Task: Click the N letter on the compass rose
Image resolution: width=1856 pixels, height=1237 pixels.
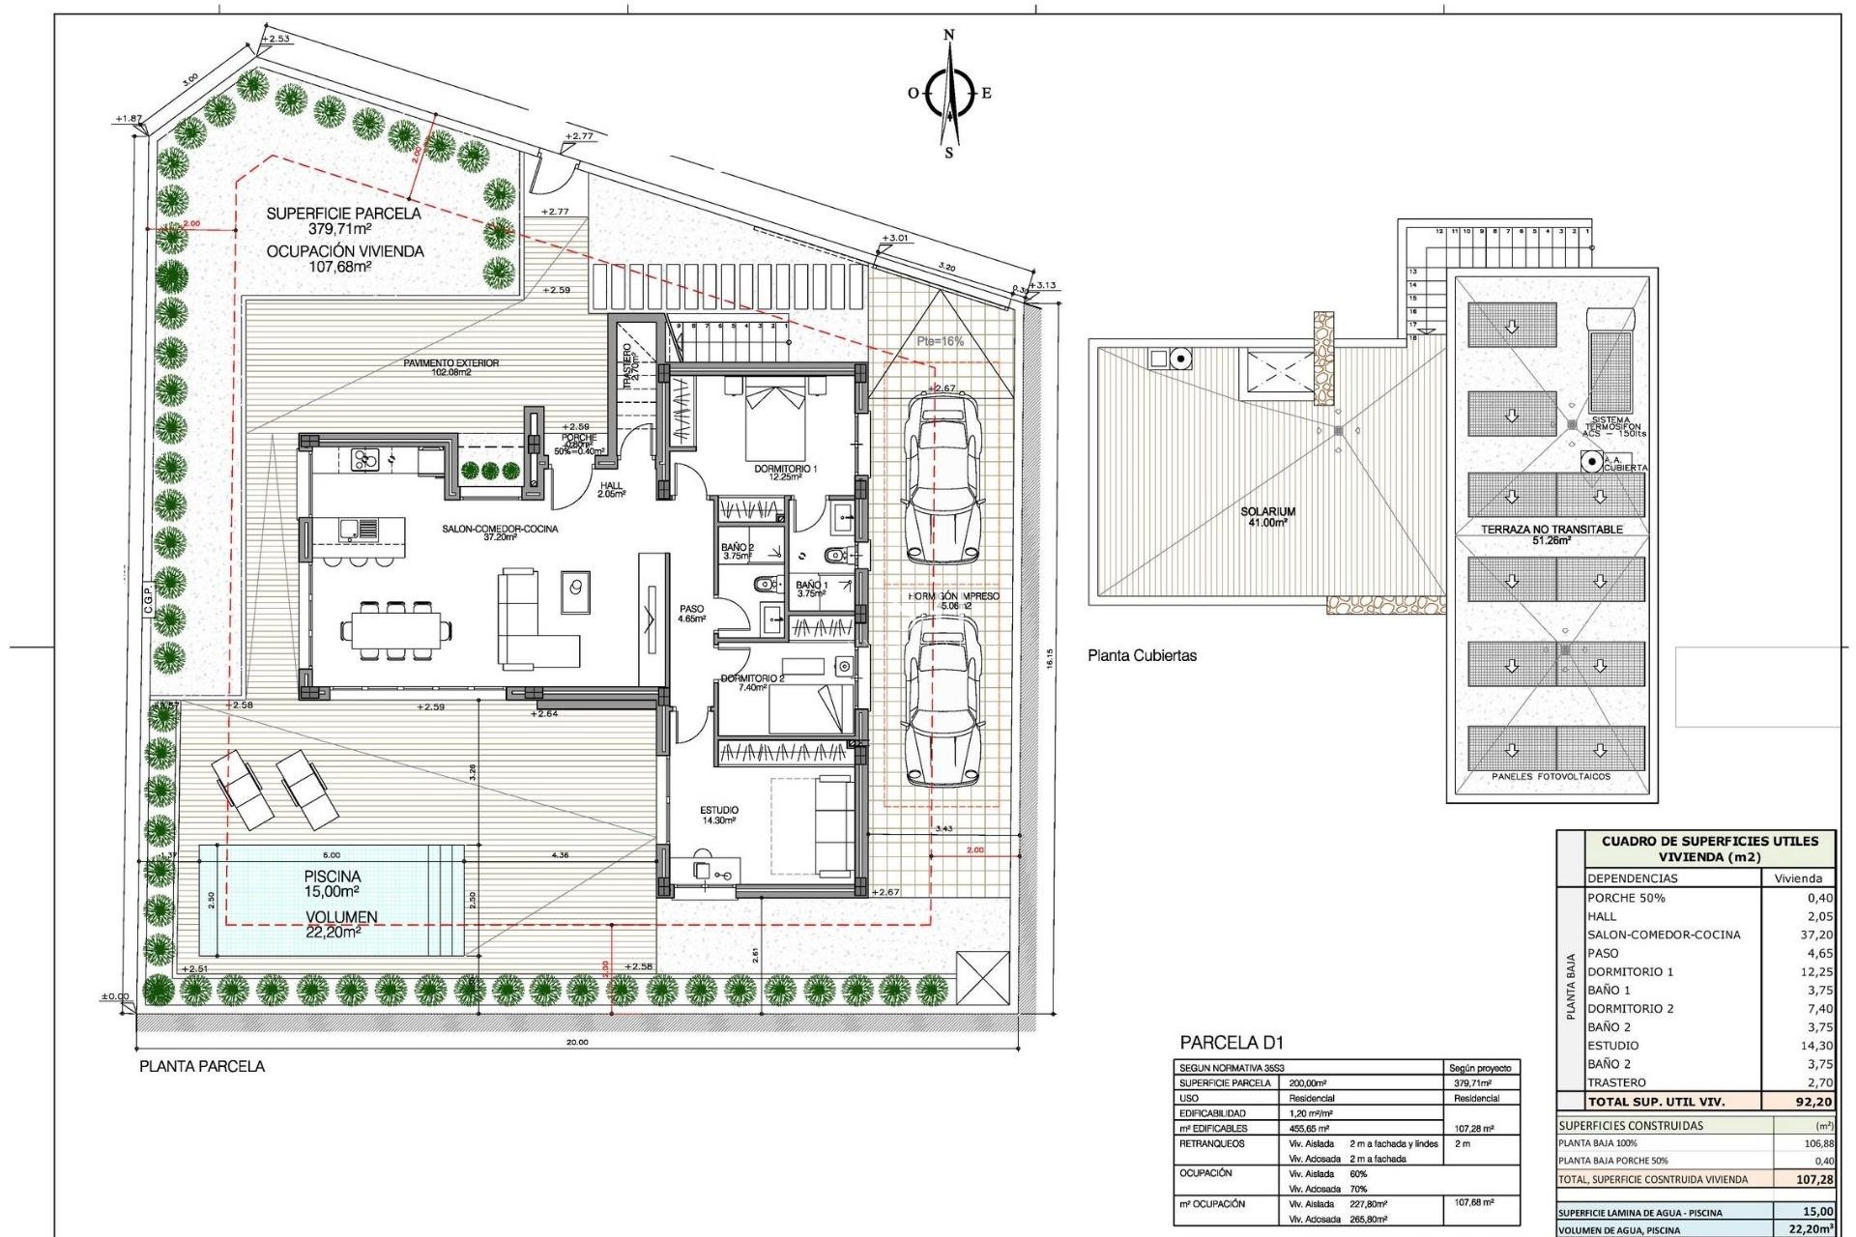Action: [x=948, y=35]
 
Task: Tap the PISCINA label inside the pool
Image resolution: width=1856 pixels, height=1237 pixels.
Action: [x=332, y=876]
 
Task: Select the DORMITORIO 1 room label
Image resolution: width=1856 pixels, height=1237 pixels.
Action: [x=785, y=469]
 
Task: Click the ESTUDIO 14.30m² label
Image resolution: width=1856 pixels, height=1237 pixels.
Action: [x=719, y=815]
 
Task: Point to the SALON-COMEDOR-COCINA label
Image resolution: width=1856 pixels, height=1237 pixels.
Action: [x=500, y=530]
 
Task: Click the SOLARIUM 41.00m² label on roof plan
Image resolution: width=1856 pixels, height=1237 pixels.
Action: [x=1267, y=516]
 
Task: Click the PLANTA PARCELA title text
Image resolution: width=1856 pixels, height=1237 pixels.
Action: [x=202, y=1066]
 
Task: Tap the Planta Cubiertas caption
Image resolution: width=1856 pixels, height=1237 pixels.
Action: [x=1142, y=655]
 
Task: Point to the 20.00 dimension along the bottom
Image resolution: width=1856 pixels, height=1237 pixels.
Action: [x=577, y=1042]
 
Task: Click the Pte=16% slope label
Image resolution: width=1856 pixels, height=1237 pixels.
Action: [x=940, y=341]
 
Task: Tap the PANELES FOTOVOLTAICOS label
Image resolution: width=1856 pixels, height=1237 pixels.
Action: [x=1551, y=776]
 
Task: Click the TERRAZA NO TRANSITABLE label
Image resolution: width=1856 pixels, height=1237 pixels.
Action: [x=1551, y=530]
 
